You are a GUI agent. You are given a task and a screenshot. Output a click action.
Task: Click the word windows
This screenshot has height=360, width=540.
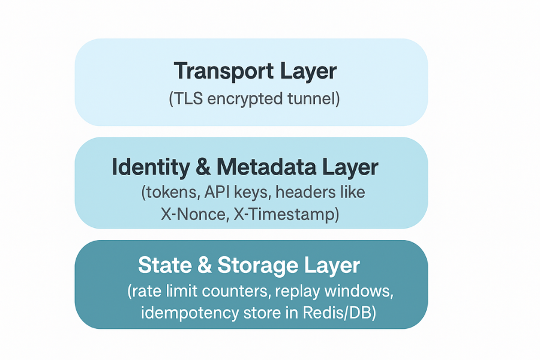370,292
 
